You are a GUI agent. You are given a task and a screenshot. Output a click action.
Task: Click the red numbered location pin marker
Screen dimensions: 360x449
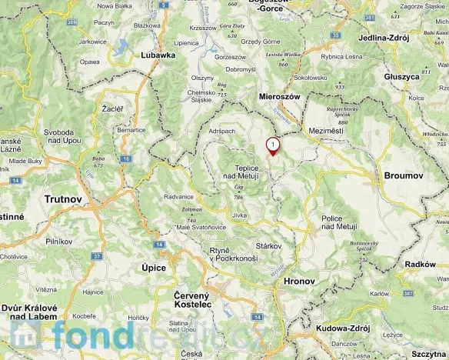click(x=272, y=146)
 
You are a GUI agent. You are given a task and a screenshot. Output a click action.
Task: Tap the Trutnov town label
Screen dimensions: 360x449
click(x=64, y=198)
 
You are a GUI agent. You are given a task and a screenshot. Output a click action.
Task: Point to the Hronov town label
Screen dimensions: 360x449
click(x=300, y=282)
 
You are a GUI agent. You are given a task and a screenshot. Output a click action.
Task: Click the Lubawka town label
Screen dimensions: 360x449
click(x=158, y=55)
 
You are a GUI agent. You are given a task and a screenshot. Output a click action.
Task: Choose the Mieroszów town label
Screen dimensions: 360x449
click(x=278, y=97)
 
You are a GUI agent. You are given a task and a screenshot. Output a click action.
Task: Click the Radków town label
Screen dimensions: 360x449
click(x=420, y=264)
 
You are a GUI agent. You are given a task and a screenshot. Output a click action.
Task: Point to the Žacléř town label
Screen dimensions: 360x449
click(x=112, y=110)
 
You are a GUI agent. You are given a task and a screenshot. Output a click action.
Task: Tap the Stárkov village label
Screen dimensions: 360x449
click(x=268, y=245)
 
